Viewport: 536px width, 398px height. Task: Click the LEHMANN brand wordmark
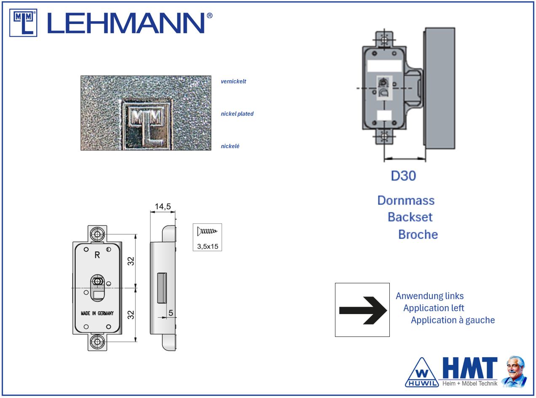coord(130,23)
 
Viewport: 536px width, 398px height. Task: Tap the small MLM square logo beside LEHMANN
coord(23,23)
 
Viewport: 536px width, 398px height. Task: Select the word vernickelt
coord(233,81)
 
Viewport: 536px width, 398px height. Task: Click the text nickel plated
coord(237,114)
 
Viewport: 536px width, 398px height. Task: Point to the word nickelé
coord(230,146)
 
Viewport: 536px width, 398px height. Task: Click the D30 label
coord(403,176)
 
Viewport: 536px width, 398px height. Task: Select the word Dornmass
coord(406,200)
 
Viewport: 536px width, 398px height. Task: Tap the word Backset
coord(410,217)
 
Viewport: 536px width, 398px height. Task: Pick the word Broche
coord(418,234)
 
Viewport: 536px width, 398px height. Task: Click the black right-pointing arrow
coord(363,310)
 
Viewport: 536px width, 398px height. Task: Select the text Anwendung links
coord(430,296)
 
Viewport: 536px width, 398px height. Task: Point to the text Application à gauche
coord(453,320)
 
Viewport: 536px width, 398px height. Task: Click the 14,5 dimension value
coord(163,206)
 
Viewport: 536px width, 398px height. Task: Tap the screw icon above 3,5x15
coord(207,231)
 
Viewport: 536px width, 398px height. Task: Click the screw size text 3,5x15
coord(208,246)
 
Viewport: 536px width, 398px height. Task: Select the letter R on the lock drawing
coord(97,255)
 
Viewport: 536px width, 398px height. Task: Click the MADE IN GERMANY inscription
coord(97,313)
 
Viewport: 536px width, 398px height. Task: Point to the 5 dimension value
coord(171,313)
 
